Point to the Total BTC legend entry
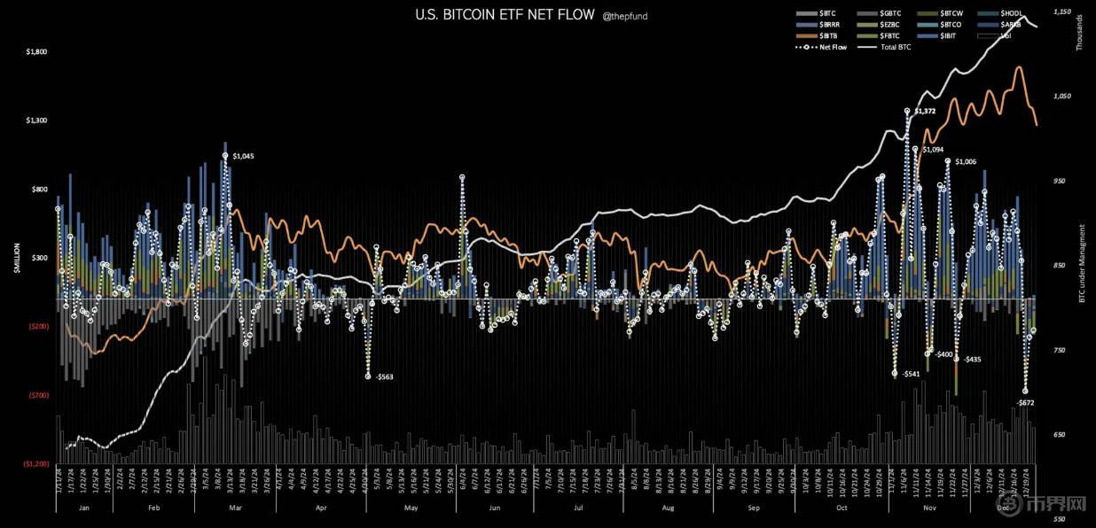click(895, 47)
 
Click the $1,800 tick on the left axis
click(37, 52)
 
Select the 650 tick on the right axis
click(1057, 435)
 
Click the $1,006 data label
click(966, 162)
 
